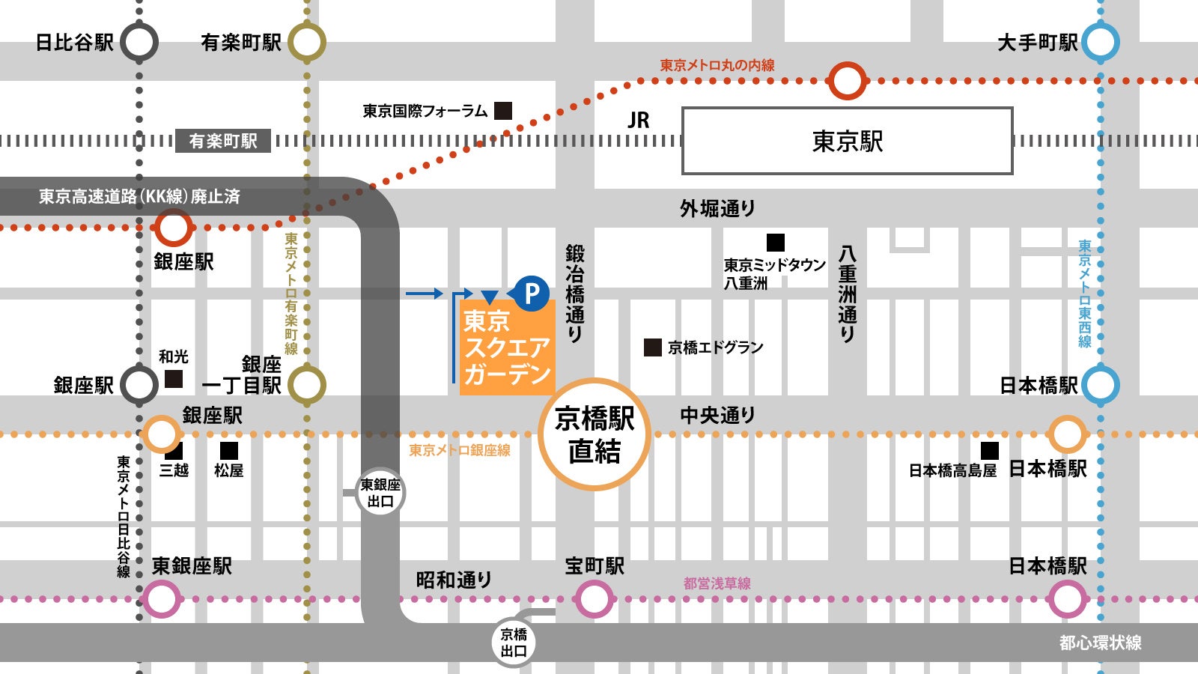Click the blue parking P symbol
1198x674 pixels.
[x=532, y=293]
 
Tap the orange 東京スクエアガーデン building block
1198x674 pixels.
[x=507, y=347]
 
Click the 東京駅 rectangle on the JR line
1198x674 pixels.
[x=847, y=141]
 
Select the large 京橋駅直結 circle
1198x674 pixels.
[x=595, y=434]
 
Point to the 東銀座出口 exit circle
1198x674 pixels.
[x=380, y=493]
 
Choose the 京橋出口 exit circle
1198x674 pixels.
[x=514, y=643]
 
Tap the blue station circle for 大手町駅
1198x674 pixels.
[x=1100, y=42]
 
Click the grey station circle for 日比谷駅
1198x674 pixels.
[x=139, y=42]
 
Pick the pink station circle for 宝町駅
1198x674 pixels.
[x=594, y=599]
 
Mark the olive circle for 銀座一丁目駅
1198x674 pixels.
[x=307, y=385]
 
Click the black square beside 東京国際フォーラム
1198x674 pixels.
[x=503, y=111]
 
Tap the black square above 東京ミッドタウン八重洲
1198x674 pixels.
[x=776, y=243]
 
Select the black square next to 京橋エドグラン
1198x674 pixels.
[x=653, y=347]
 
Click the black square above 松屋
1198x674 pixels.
[x=229, y=450]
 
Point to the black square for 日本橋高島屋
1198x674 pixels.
[x=990, y=450]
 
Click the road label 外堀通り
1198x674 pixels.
[x=717, y=208]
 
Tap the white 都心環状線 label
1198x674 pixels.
[x=1100, y=643]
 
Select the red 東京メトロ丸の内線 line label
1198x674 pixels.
[x=717, y=65]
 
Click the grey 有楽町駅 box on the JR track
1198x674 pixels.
[x=222, y=141]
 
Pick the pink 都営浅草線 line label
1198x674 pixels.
[x=717, y=583]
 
